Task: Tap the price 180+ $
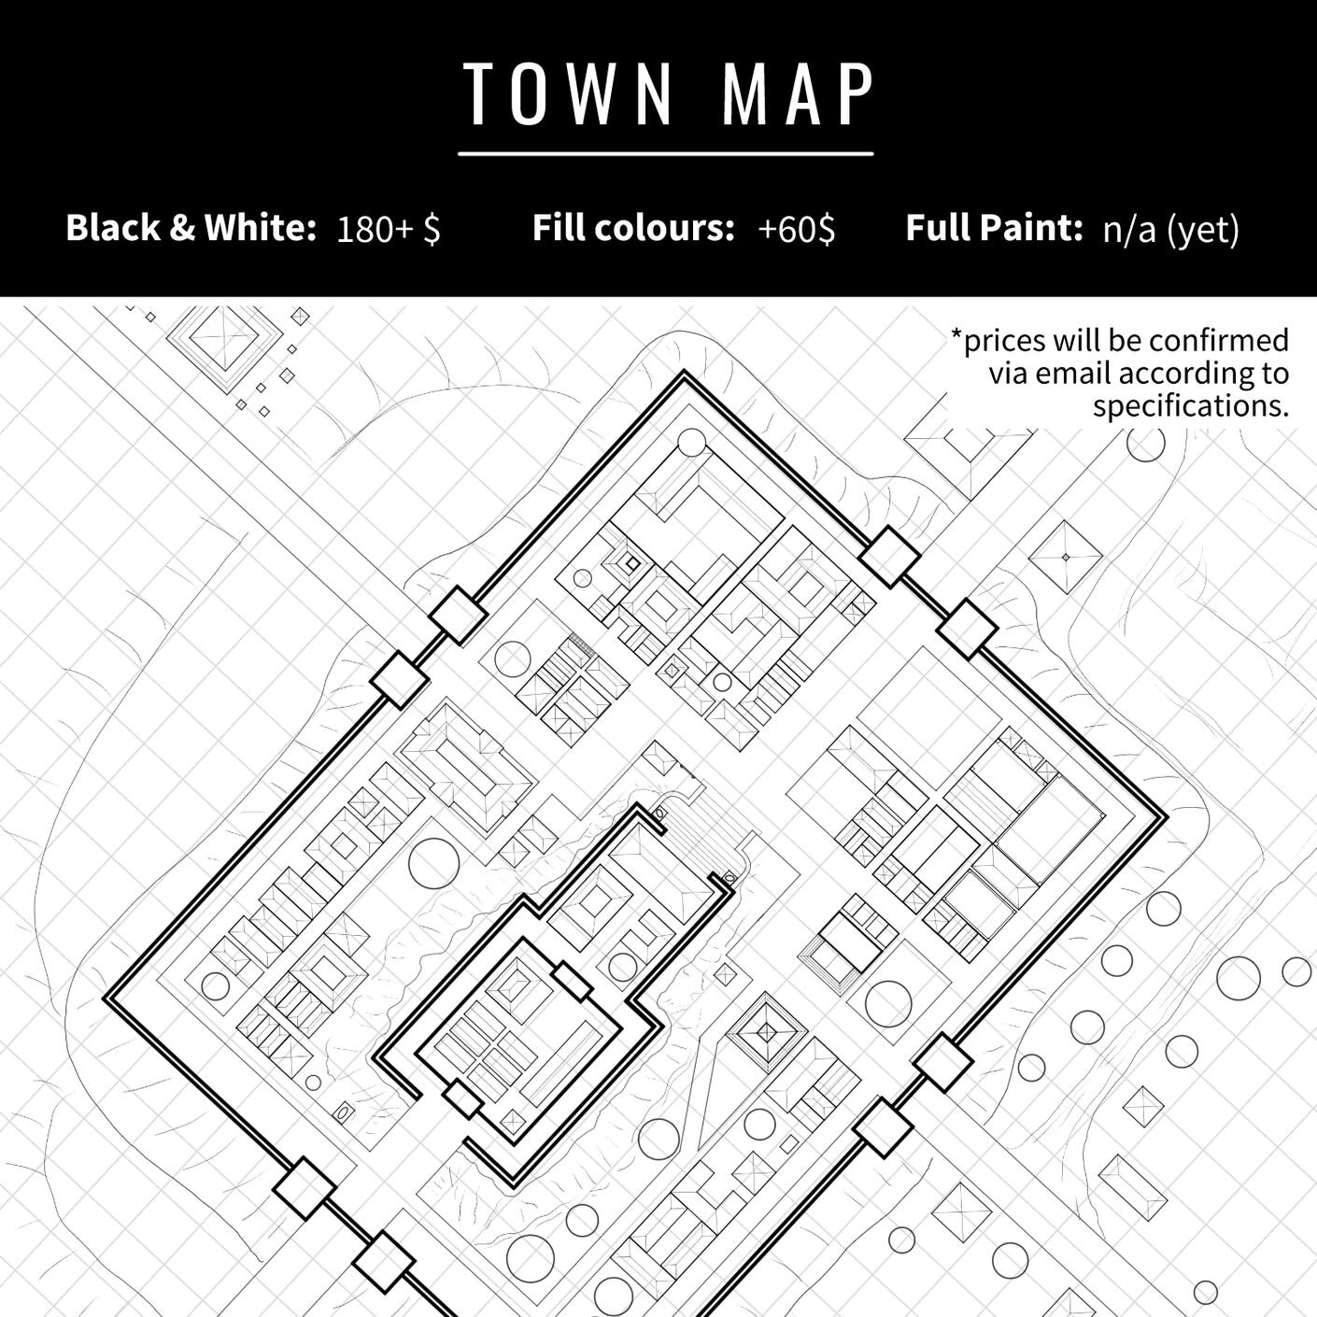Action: (x=389, y=230)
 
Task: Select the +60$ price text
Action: (x=796, y=230)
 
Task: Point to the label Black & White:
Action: (x=191, y=228)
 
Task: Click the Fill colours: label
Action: (x=633, y=228)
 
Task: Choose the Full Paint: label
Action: (x=994, y=228)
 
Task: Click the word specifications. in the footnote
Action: (x=1191, y=407)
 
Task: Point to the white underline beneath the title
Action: (x=666, y=154)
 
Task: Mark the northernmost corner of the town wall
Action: (x=684, y=371)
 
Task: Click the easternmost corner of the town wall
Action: (x=1166, y=817)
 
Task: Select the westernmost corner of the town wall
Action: (x=105, y=998)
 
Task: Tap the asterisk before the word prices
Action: (x=956, y=335)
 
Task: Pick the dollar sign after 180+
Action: (x=432, y=230)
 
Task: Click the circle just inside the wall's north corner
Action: (x=690, y=443)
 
